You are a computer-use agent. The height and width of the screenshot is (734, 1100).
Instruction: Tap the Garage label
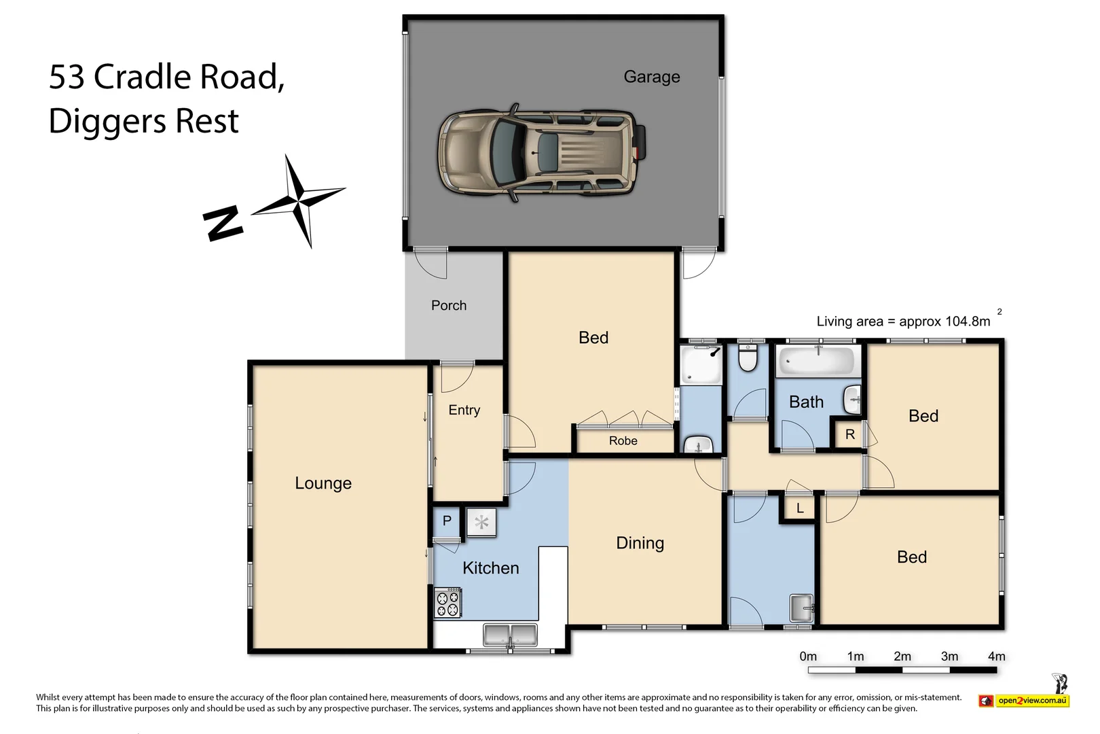pos(651,77)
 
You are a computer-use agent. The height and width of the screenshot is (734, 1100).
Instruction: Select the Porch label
pos(449,306)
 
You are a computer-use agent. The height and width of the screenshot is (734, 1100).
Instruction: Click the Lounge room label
pos(323,483)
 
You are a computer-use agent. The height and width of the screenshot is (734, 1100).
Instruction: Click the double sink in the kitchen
pos(510,635)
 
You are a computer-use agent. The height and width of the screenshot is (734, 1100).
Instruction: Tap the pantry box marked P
pos(447,521)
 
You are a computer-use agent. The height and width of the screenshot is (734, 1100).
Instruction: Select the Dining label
pos(640,543)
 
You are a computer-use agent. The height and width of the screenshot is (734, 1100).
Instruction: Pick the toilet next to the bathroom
pos(748,358)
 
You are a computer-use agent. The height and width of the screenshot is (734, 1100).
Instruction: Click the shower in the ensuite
pos(701,365)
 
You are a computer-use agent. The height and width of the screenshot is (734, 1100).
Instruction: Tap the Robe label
pos(623,441)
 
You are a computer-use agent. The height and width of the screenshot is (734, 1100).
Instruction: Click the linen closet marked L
pos(800,508)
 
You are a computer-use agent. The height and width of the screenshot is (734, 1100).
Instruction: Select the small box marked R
pos(849,434)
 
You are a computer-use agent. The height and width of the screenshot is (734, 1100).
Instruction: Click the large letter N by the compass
pos(223,223)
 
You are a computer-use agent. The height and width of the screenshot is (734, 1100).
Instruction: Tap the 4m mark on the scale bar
pos(995,657)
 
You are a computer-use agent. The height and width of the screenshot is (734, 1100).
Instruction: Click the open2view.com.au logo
pos(1031,701)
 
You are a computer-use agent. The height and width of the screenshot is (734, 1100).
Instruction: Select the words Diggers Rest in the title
pos(144,122)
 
